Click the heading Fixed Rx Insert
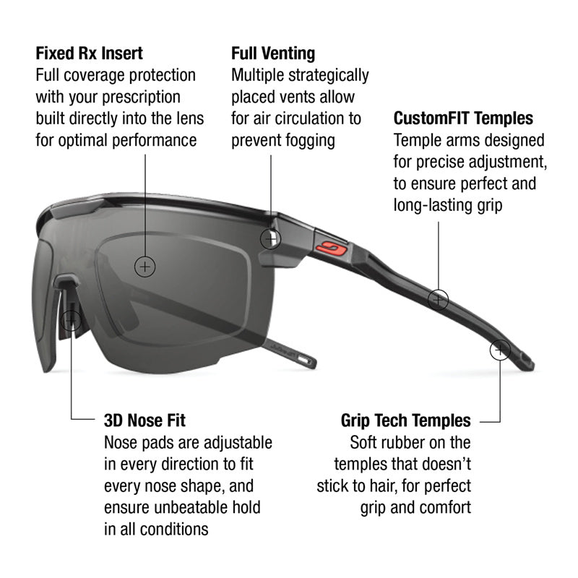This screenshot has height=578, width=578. point(89,53)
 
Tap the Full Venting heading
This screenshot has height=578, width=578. point(273,53)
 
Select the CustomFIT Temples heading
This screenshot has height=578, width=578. point(463,118)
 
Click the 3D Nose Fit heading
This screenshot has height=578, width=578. point(145,420)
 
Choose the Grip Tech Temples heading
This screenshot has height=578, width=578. point(406,420)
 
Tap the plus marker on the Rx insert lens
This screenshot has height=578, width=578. point(145,267)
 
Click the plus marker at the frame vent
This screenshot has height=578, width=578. point(270,239)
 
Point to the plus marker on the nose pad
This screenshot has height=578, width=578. point(70,321)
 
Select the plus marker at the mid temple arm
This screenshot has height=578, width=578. point(439,299)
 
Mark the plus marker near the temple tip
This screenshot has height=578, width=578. point(500,350)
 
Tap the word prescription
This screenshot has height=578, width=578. point(141,98)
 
